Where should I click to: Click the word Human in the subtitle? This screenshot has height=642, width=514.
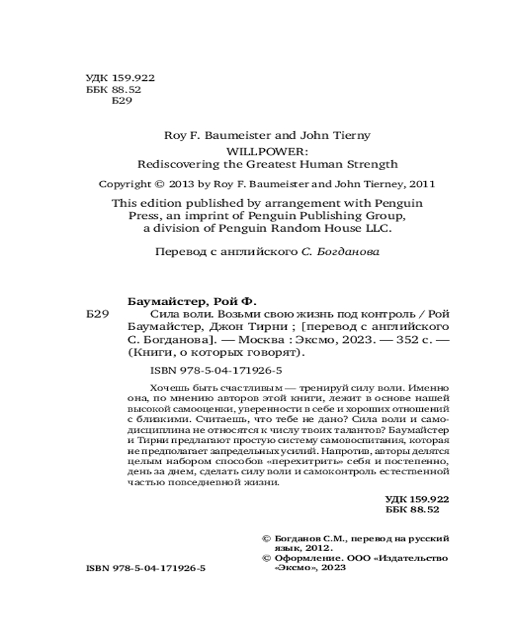(x=323, y=164)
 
